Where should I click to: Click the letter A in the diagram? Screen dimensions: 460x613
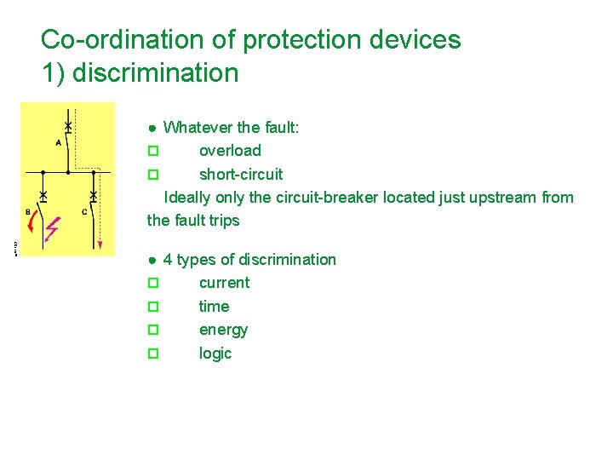[x=58, y=143]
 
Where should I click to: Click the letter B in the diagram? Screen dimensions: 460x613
[x=28, y=211]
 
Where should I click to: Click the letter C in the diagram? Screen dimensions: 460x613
[x=84, y=211]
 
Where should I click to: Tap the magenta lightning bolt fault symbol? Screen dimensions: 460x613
[x=53, y=229]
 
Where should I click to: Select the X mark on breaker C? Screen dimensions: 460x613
[x=93, y=197]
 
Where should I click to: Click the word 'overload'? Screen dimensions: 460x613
[x=230, y=151]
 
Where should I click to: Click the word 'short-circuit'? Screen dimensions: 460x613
[x=241, y=174]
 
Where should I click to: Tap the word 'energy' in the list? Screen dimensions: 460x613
[x=223, y=330]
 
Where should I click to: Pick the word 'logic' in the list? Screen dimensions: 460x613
[x=215, y=353]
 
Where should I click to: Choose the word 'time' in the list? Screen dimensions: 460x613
[x=214, y=306]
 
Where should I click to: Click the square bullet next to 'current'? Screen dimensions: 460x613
[x=153, y=283]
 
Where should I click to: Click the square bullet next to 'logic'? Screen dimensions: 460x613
[x=153, y=353]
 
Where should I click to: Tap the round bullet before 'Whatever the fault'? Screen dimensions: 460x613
[x=151, y=128]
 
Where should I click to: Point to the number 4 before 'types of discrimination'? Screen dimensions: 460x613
[x=168, y=260]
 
